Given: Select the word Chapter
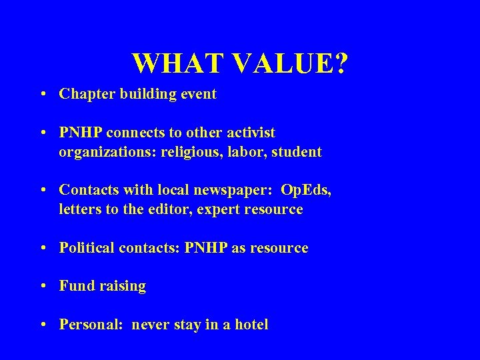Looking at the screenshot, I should coord(85,94).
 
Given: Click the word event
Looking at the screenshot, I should coord(198,94).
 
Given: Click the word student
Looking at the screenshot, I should coord(297,151).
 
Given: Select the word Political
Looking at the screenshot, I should coord(86,248).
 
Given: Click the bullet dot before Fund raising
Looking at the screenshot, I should coord(43,287).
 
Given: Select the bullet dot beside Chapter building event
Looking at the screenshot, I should coord(43,95).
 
